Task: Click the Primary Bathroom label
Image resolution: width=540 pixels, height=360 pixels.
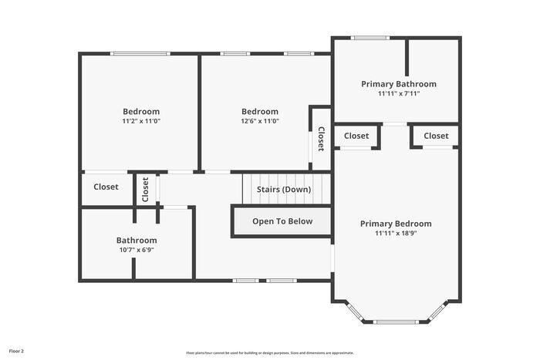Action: tap(398, 84)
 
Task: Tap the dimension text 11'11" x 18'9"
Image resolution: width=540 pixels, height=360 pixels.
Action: tap(396, 234)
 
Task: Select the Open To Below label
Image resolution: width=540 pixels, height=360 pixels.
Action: tap(282, 221)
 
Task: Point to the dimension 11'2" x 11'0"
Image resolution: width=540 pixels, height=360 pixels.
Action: tap(141, 121)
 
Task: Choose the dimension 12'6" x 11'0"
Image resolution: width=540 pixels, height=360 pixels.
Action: tap(259, 121)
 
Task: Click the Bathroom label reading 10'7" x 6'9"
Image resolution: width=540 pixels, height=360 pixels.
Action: tap(137, 250)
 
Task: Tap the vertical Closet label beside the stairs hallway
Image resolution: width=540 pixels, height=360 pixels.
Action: tap(145, 190)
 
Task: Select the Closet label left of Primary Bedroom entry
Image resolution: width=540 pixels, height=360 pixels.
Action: tap(356, 136)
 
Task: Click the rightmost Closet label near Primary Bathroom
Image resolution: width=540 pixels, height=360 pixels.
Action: tap(436, 136)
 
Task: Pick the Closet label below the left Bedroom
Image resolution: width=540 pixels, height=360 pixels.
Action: tap(106, 187)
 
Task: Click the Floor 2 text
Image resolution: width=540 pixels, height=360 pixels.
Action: tap(16, 352)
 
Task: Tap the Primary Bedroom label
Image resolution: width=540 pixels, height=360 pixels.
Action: tap(396, 224)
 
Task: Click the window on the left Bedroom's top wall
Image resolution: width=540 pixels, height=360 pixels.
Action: tap(140, 53)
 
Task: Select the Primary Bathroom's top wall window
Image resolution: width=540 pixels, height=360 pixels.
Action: tap(370, 37)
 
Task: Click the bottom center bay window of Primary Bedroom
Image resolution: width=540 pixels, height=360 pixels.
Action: tap(396, 321)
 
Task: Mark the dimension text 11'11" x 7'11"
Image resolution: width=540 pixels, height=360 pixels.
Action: tap(398, 94)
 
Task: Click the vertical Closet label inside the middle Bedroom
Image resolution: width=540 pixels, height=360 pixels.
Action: tap(321, 139)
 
